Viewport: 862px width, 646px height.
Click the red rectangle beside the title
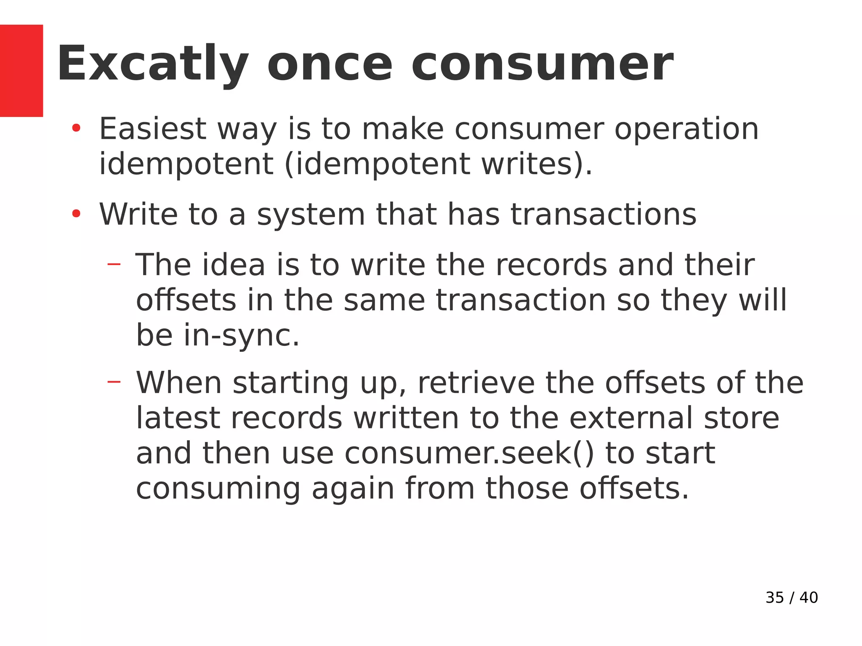[21, 70]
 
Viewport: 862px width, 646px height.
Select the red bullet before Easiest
[76, 128]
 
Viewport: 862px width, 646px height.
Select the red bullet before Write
[76, 214]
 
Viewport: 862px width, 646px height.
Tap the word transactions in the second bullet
[604, 214]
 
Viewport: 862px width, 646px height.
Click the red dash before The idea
[114, 264]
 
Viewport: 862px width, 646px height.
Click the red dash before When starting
[114, 382]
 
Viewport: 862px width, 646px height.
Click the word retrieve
[476, 383]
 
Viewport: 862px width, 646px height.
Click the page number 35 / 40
[791, 598]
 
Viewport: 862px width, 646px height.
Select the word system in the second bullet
[311, 215]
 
